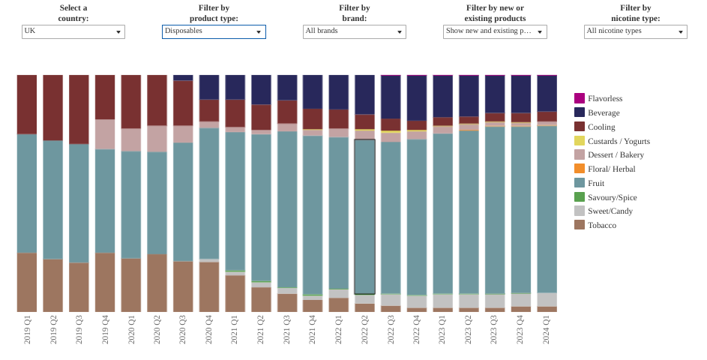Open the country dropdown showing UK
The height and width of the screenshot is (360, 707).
pyautogui.click(x=73, y=31)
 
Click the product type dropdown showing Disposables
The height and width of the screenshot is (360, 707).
pyautogui.click(x=214, y=31)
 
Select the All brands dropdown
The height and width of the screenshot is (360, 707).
pyautogui.click(x=355, y=31)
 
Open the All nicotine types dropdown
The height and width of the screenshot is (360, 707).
pyautogui.click(x=635, y=31)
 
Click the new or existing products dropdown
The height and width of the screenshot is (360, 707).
pyautogui.click(x=495, y=31)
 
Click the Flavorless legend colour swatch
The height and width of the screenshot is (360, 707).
pyautogui.click(x=580, y=98)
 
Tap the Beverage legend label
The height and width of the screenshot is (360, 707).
pyautogui.click(x=604, y=112)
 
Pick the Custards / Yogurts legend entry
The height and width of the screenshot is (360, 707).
pyautogui.click(x=613, y=141)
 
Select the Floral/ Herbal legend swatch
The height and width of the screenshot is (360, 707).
pyautogui.click(x=580, y=169)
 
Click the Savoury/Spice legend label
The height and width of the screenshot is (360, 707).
pyautogui.click(x=613, y=197)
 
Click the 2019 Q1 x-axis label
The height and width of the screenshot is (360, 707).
pyautogui.click(x=27, y=330)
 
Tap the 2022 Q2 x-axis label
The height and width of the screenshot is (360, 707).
pyautogui.click(x=365, y=330)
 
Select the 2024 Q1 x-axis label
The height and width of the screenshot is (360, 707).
pyautogui.click(x=547, y=330)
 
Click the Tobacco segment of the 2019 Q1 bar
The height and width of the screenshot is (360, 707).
pyautogui.click(x=27, y=283)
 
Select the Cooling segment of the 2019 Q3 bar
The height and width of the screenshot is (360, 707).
pyautogui.click(x=79, y=109)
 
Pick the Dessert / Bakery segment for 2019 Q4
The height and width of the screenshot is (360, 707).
pyautogui.click(x=105, y=134)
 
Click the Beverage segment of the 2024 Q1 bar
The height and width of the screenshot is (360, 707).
pyautogui.click(x=547, y=94)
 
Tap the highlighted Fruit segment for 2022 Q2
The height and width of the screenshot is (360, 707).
pyautogui.click(x=365, y=217)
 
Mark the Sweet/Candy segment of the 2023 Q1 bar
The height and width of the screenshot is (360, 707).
pyautogui.click(x=443, y=301)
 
